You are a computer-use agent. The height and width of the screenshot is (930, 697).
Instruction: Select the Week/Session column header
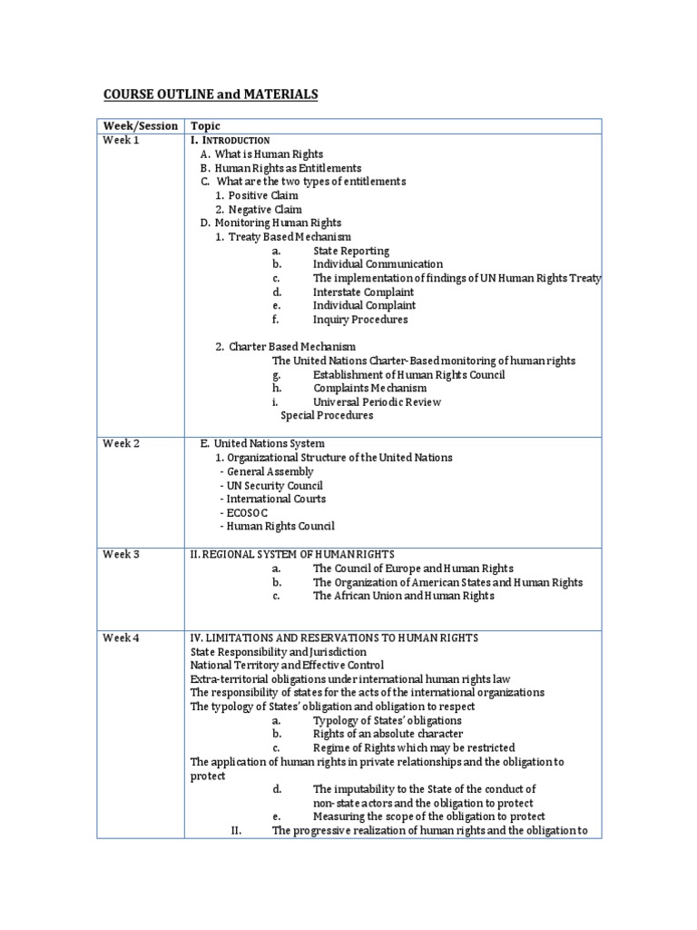(x=140, y=126)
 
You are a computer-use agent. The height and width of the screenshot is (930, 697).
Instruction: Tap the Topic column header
(x=205, y=126)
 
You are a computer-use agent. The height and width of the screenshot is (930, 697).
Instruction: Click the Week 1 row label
(x=122, y=141)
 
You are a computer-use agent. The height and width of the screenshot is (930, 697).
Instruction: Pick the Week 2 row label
(x=122, y=443)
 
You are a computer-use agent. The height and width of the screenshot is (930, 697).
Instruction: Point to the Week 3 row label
(x=122, y=554)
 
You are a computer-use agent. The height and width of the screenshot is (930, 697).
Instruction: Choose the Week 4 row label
(x=122, y=638)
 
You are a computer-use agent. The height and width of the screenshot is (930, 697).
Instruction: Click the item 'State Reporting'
(x=351, y=251)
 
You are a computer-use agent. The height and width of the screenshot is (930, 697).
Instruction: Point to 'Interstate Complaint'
(x=363, y=292)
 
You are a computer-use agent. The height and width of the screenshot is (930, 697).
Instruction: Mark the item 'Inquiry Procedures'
(x=360, y=320)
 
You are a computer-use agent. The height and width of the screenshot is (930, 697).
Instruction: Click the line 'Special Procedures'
(x=327, y=416)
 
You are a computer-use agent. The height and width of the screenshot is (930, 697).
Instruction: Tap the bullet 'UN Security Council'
(x=271, y=485)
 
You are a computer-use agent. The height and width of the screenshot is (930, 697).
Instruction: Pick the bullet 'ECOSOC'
(x=248, y=512)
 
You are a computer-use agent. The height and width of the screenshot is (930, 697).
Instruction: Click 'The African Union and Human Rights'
(x=404, y=596)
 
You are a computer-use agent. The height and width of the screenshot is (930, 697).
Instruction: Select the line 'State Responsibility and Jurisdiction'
(x=279, y=651)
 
